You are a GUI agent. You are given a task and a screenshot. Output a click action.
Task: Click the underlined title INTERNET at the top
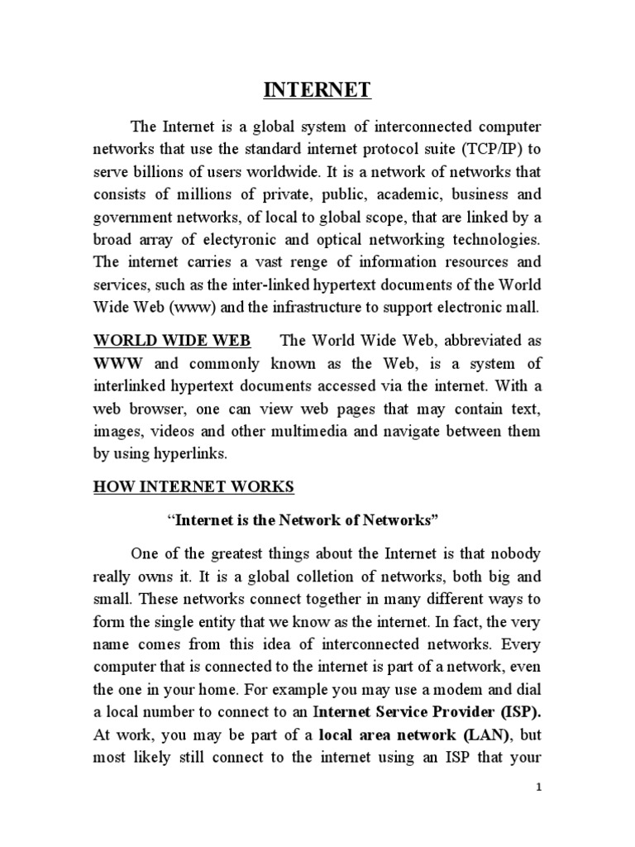[317, 89]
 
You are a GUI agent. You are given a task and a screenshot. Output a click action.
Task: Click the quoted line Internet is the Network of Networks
[301, 520]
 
